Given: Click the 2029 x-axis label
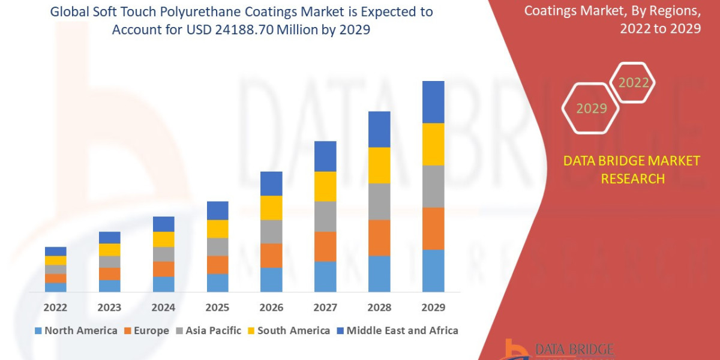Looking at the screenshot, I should (433, 307).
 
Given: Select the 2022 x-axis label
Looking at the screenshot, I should (55, 307).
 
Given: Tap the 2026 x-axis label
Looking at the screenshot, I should (271, 307).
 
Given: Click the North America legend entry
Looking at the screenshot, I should (76, 331).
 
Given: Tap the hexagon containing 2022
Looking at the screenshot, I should (632, 83).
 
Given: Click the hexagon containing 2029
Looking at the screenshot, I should (591, 109).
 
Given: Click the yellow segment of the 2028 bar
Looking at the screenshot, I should (379, 165).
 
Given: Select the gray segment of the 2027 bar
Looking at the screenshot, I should (325, 216).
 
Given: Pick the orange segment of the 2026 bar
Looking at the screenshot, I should (271, 255).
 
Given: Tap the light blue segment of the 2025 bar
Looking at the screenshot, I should (217, 283).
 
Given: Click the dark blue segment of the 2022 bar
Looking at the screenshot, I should (55, 251).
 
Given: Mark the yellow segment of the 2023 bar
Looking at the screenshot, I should (109, 250).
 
